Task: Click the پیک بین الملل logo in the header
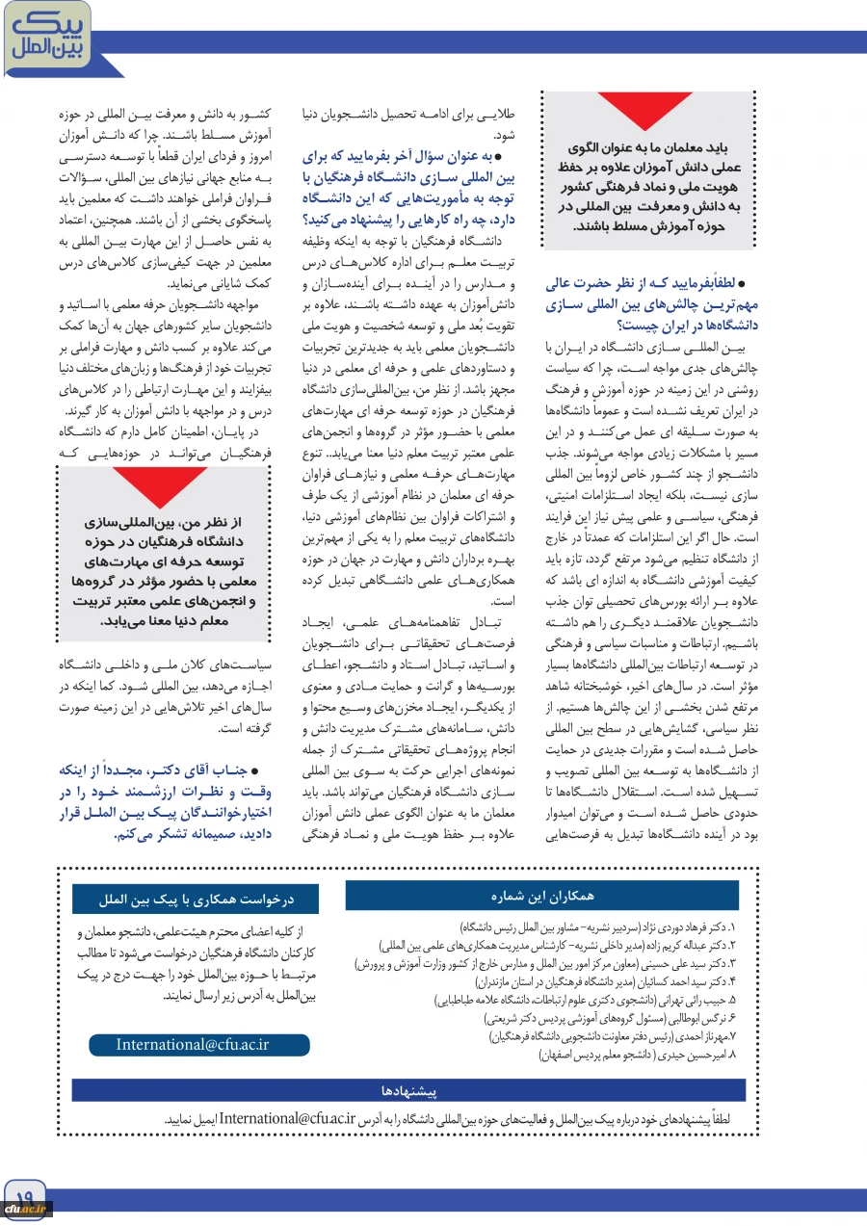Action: point(45,36)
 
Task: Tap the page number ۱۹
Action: point(24,1193)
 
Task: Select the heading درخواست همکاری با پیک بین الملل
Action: point(196,900)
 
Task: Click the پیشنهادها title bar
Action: point(408,1091)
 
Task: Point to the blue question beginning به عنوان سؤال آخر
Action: point(409,185)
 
